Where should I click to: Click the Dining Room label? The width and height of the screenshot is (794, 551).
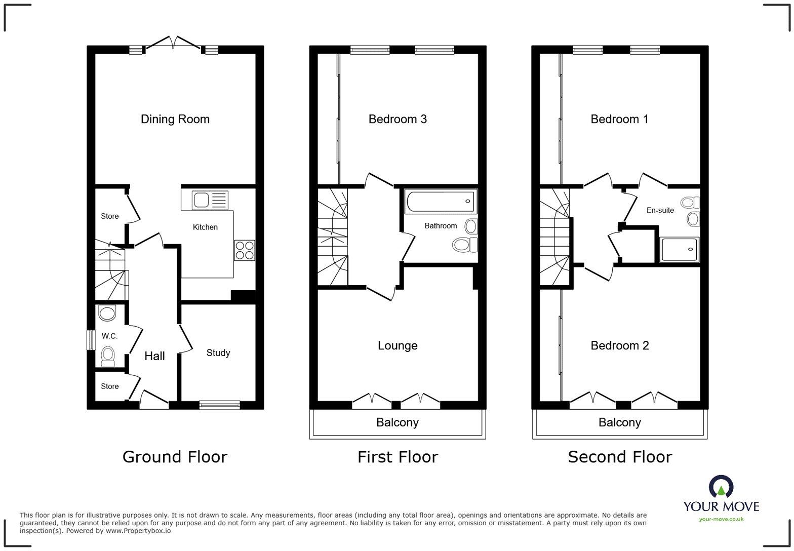175,119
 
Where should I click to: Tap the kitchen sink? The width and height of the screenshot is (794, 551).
210,201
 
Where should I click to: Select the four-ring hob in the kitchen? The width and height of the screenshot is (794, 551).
244,250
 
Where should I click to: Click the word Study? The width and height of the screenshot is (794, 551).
218,352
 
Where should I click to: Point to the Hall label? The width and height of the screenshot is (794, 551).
154,356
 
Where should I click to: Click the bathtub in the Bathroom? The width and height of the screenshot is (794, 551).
441,202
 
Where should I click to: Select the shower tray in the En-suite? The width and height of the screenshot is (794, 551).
680,250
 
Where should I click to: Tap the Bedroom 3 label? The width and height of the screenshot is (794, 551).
398,119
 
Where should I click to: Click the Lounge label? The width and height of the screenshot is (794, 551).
398,345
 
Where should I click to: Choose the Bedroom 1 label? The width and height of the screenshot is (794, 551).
619,119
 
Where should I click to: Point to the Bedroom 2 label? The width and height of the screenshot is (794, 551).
619,345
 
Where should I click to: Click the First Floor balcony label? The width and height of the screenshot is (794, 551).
398,422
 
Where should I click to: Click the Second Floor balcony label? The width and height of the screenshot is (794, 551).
619,422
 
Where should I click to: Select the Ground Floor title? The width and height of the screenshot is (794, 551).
175,457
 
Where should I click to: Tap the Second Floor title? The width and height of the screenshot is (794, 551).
619,457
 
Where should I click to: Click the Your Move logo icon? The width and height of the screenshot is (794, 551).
721,487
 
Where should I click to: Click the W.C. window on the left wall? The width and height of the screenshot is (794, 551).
91,340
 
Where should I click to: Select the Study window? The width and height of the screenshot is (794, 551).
219,404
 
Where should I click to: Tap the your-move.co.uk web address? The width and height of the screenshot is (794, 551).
721,519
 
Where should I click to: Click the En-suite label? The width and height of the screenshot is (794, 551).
660,210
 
